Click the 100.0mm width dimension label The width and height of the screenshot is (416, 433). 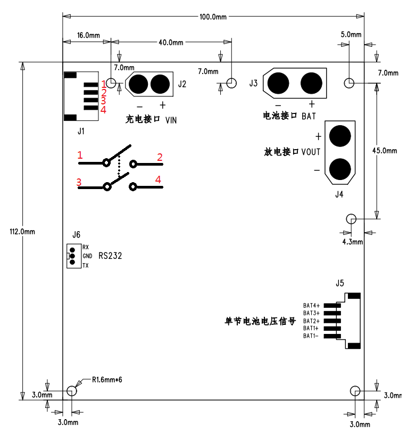213,17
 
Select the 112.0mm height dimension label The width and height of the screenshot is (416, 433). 22,232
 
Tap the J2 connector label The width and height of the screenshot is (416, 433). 182,84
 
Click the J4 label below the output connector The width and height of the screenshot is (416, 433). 339,194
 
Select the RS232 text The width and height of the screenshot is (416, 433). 111,256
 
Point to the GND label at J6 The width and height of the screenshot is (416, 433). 87,256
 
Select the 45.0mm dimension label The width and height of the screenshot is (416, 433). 384,151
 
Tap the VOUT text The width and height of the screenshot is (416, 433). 311,152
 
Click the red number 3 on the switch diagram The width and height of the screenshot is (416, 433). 79,182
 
